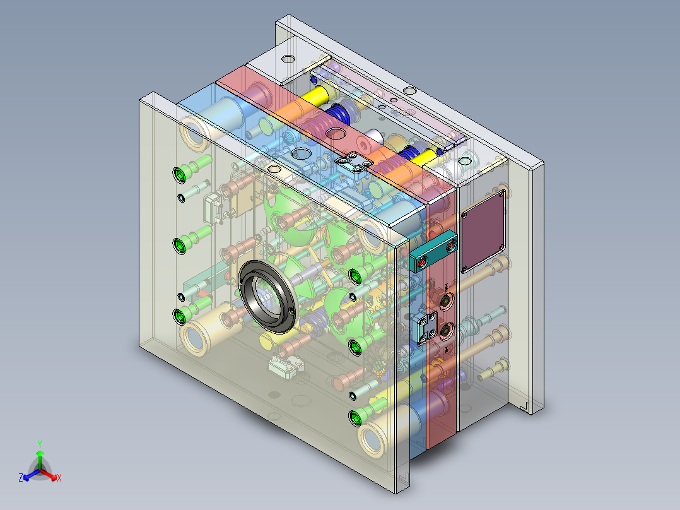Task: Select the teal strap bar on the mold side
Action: (433, 252)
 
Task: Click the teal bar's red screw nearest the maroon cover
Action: (450, 246)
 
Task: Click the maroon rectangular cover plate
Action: (483, 232)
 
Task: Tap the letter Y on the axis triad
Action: (40, 444)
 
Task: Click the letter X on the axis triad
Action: (59, 478)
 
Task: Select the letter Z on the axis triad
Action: (21, 477)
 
